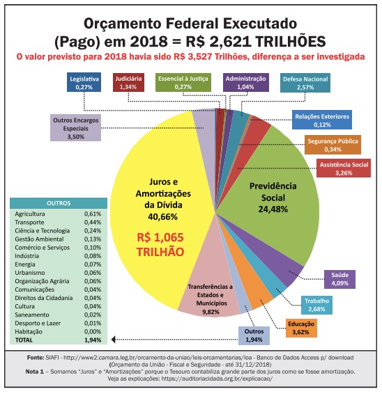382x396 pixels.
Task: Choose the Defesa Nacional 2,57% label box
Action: (306, 83)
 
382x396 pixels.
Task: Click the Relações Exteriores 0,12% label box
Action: (321, 120)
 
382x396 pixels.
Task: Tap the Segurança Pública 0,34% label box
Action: (333, 144)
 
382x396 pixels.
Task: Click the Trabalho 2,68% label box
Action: (317, 304)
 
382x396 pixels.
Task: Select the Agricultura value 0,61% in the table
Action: (93, 214)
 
